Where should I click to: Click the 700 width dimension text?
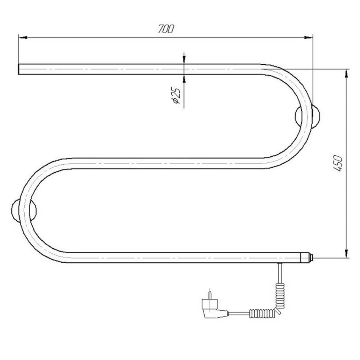[166, 29]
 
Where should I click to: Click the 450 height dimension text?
[338, 164]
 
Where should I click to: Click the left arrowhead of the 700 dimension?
[23, 37]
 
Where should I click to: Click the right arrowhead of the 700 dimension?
[308, 37]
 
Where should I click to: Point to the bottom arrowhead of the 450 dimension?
[346, 254]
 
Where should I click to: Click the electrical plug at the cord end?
[212, 307]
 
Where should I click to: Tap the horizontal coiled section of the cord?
[261, 313]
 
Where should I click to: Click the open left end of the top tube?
[19, 69]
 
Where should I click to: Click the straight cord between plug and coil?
[239, 313]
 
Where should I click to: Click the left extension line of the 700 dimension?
[18, 49]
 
